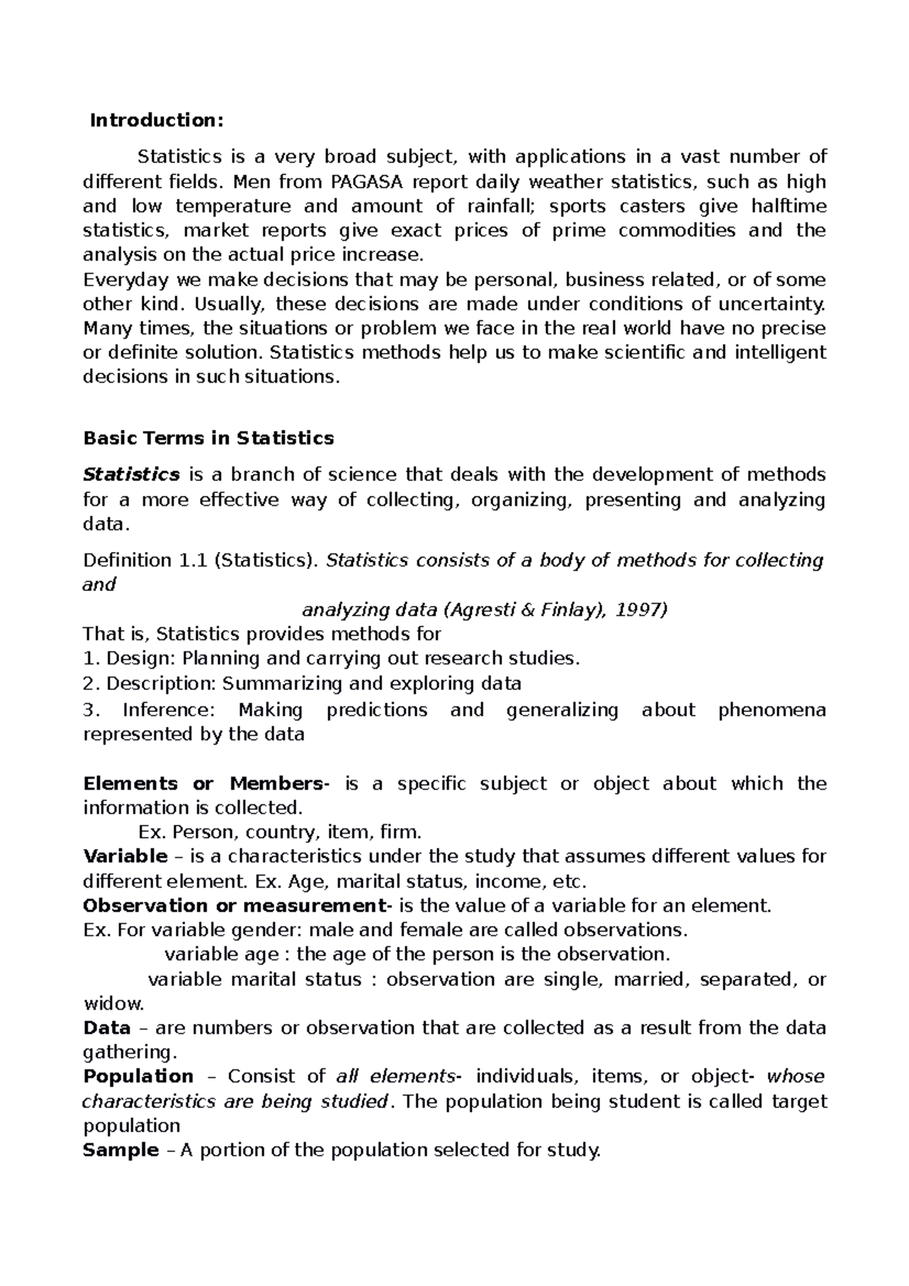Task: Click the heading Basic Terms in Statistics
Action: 208,438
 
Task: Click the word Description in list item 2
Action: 161,683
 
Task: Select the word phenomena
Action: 772,710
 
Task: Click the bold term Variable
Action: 125,857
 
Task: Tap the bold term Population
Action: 138,1076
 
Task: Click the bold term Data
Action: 106,1028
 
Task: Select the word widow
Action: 112,1004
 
